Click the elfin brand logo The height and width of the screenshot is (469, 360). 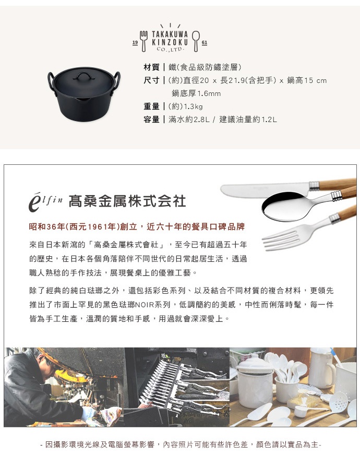coord(46,201)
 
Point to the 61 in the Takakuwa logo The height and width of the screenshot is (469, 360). coord(203,42)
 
